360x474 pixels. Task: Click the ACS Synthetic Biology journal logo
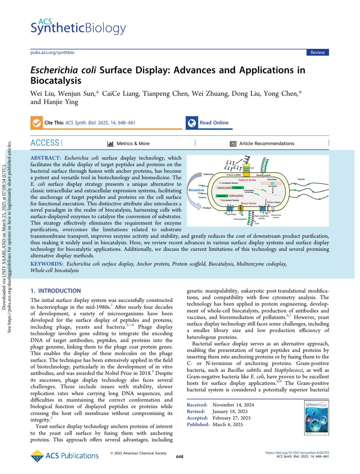pyautogui.click(x=78, y=27)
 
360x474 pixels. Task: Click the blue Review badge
pyautogui.click(x=317, y=52)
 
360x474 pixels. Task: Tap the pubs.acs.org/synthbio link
pyautogui.click(x=52, y=52)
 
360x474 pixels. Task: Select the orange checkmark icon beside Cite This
pyautogui.click(x=37, y=123)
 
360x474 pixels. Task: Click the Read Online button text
pyautogui.click(x=214, y=123)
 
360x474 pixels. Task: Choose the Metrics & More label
pyautogui.click(x=133, y=144)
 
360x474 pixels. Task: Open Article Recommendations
pyautogui.click(x=266, y=144)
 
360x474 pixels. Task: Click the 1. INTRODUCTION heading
pyautogui.click(x=55, y=291)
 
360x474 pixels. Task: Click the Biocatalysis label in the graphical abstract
pyautogui.click(x=196, y=190)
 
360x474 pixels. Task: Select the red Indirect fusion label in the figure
pyautogui.click(x=247, y=180)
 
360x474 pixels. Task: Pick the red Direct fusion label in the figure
pyautogui.click(x=248, y=203)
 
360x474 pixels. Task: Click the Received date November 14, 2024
pyautogui.click(x=233, y=405)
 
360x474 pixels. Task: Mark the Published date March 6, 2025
pyautogui.click(x=228, y=425)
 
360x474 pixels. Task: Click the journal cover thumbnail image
pyautogui.click(x=316, y=418)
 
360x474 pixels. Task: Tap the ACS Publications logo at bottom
pyautogui.click(x=64, y=456)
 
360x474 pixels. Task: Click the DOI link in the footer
pyautogui.click(x=297, y=453)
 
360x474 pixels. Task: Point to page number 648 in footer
pyautogui.click(x=180, y=457)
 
